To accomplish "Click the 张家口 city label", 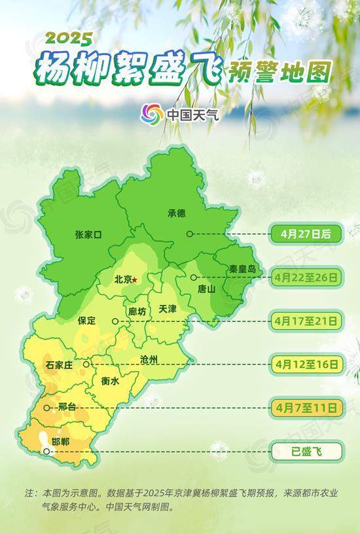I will (89, 234).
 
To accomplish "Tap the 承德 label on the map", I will (177, 213).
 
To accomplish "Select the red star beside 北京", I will (135, 279).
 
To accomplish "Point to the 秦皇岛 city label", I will (242, 269).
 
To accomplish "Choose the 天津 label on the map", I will (168, 309).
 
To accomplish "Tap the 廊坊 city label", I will (137, 311).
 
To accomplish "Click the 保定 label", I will (86, 321).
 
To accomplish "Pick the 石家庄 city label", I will (60, 365).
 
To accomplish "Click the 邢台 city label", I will (67, 407).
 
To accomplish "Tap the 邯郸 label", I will (62, 442).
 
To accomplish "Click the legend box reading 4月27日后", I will (305, 234).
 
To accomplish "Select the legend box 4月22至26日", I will (306, 277).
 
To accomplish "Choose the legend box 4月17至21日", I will (306, 321).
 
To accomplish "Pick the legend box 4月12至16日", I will (306, 364).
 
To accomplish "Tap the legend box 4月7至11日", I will (306, 408).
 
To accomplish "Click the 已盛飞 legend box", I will (306, 451).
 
